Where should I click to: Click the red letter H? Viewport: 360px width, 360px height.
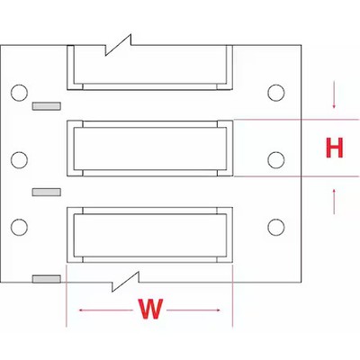(334, 148)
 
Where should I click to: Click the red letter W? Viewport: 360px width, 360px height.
(150, 309)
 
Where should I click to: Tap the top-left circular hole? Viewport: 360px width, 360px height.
(19, 93)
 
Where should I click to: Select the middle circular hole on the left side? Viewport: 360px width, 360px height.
(19, 160)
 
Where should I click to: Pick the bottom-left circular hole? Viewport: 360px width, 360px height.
(19, 227)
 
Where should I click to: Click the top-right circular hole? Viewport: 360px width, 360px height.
(276, 93)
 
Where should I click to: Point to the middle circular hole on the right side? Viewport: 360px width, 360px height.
(276, 160)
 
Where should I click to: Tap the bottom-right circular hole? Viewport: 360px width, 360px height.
(276, 227)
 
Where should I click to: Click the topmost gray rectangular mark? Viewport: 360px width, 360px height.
(47, 106)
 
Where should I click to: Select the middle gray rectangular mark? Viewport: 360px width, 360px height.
(47, 193)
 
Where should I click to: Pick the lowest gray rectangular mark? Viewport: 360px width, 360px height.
(47, 279)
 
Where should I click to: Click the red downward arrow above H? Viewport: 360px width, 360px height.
(334, 97)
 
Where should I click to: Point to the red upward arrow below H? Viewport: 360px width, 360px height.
(334, 202)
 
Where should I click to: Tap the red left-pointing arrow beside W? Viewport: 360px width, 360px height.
(105, 310)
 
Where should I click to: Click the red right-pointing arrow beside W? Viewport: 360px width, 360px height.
(193, 310)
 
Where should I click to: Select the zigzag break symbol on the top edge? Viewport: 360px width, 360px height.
(118, 45)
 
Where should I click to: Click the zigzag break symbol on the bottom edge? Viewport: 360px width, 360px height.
(125, 282)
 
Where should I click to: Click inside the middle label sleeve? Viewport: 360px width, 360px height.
(149, 148)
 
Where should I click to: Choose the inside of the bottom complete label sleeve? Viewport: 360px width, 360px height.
(149, 235)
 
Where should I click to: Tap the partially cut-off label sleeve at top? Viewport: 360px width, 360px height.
(149, 67)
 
